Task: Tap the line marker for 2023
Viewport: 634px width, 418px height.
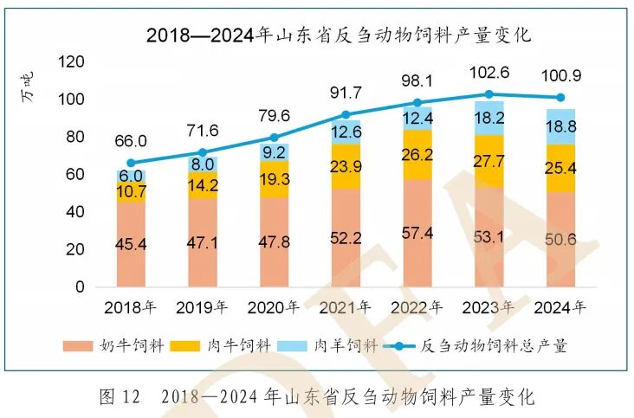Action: pos(489,94)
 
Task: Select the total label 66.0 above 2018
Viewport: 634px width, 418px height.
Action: pos(131,141)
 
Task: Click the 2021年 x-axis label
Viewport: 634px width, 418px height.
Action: pos(346,307)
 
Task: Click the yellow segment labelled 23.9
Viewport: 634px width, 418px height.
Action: pos(346,166)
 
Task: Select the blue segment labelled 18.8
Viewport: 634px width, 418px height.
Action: pos(560,126)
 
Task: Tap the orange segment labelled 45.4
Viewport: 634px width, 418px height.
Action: pos(131,244)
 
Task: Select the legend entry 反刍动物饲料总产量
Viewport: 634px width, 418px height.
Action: pos(489,346)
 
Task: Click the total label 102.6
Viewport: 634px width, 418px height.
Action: pos(489,72)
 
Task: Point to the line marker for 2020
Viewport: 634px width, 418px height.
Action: pos(274,138)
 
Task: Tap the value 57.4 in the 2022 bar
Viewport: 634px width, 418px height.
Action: pos(417,234)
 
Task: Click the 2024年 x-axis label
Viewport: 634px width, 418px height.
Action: pos(560,307)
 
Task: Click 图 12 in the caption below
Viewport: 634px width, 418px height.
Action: pos(119,397)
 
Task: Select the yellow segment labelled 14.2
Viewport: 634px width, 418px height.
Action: pos(203,184)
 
